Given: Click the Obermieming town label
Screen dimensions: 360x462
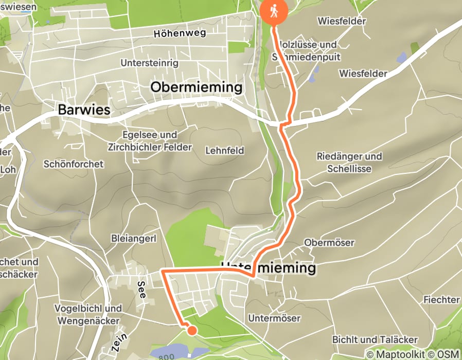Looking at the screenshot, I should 196,87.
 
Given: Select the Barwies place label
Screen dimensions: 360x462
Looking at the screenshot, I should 84,110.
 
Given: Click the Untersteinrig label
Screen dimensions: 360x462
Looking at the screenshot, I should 149,63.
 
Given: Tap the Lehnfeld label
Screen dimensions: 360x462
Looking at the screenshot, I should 224,151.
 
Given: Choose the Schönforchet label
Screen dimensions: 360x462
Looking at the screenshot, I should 74,164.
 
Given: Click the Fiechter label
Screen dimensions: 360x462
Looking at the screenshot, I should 441,299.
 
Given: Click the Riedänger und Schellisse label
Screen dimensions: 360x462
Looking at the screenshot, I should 349,162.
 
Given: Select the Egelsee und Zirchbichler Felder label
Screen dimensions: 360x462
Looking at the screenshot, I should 150,141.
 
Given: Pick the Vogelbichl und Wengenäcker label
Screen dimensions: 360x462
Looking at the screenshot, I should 88,313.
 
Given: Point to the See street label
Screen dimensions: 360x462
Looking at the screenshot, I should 142,290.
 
